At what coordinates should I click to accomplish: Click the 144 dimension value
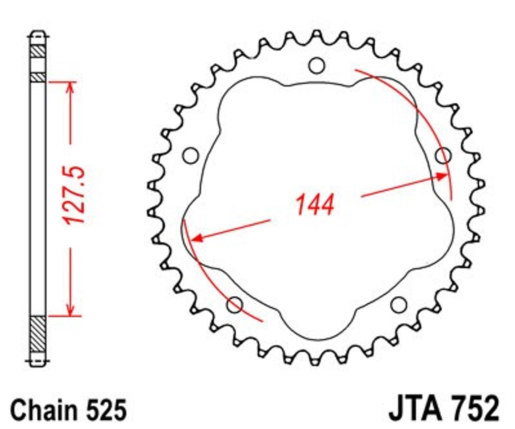(315, 205)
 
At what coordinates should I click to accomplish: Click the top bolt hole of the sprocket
(316, 65)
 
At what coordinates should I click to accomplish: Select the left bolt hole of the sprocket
(191, 155)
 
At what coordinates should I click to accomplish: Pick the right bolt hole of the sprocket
(444, 156)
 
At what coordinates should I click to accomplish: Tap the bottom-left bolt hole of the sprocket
(235, 304)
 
